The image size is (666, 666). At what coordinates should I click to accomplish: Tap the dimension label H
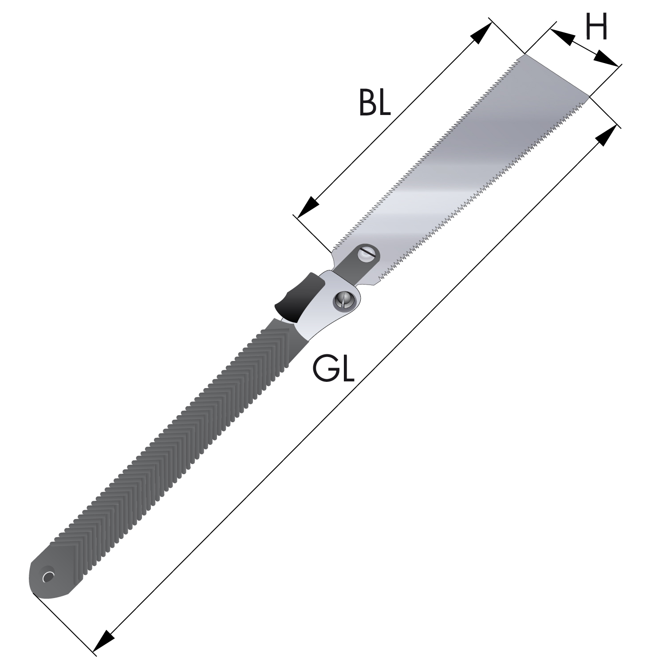tap(595, 26)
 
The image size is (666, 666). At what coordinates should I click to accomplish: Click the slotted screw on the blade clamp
tap(368, 254)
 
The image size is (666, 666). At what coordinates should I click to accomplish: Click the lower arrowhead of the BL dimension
tap(308, 207)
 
